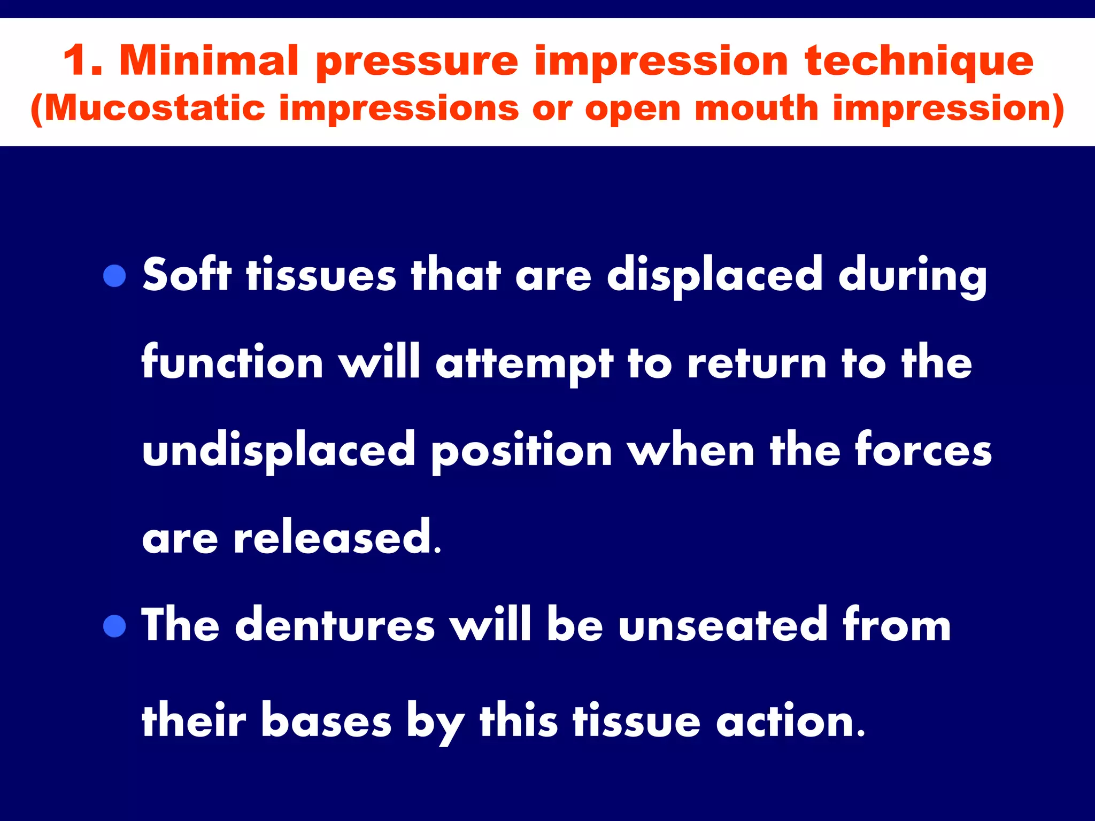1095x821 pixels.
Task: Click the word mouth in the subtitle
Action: coord(756,108)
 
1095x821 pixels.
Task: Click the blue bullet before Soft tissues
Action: coord(114,276)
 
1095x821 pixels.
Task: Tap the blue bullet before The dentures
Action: coord(114,626)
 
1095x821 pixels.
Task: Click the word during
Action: coord(912,277)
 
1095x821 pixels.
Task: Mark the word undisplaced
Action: coord(279,450)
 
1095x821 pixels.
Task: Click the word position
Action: coord(521,450)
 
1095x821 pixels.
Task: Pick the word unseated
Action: coord(723,625)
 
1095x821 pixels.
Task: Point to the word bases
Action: coord(326,722)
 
